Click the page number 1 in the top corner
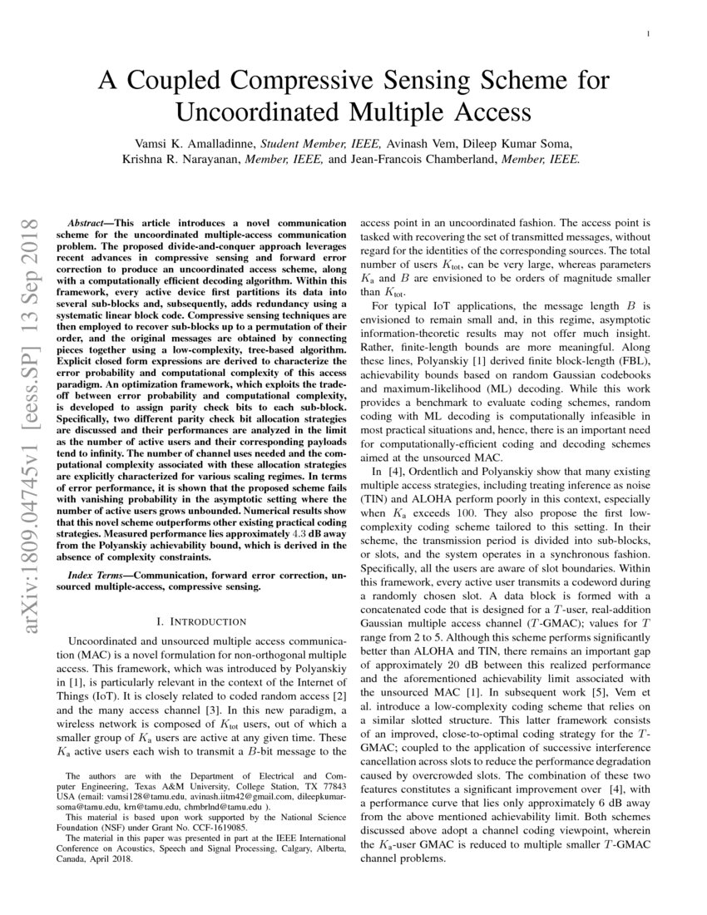(x=647, y=33)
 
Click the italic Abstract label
(x=87, y=224)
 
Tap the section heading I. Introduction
(x=201, y=621)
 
